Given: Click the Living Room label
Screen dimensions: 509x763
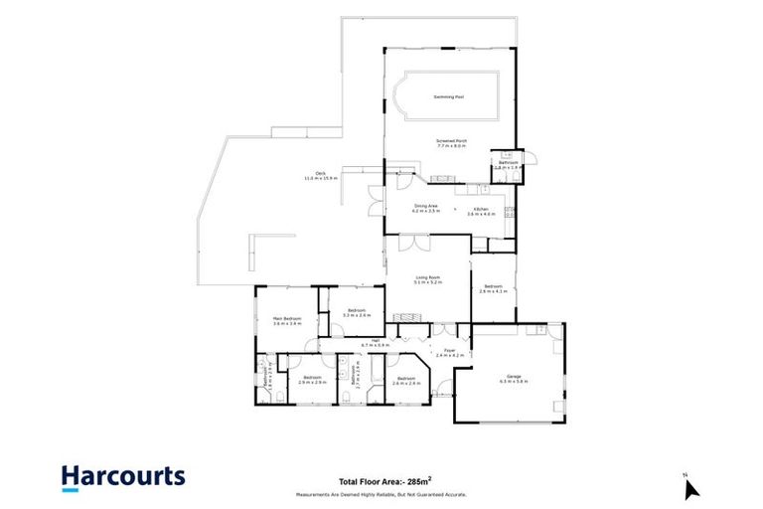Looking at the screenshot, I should tap(427, 277).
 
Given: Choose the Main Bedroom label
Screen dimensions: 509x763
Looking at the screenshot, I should tap(286, 318).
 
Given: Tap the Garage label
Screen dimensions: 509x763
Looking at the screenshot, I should tap(514, 375).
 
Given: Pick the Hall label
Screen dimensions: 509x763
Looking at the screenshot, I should tap(376, 340).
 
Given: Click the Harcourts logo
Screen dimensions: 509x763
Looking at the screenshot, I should tap(122, 476).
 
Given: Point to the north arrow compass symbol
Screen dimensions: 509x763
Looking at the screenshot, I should tap(691, 486).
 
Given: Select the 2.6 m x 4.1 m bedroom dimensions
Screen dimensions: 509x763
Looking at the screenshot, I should tap(494, 291).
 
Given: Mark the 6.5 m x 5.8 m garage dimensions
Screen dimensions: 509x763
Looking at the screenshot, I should tap(514, 381).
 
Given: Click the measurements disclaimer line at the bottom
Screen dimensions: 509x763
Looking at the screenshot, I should tap(381, 494).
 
